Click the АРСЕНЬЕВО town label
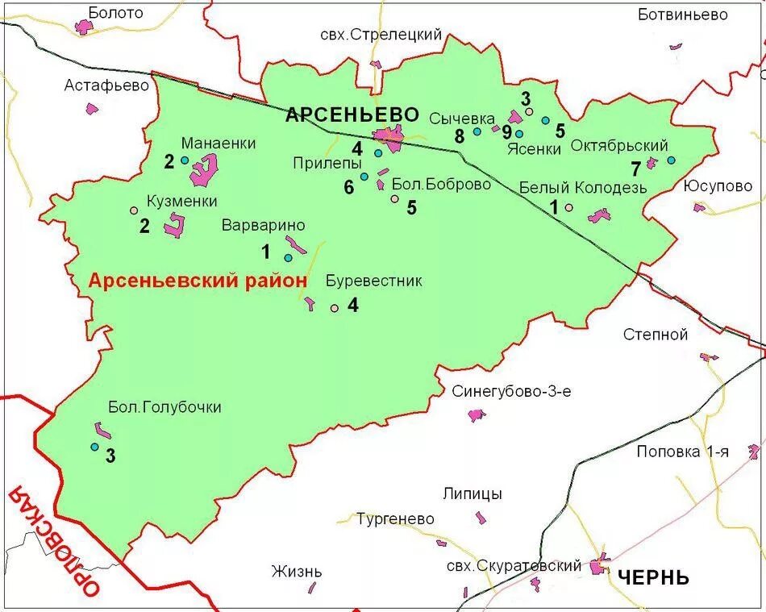tap(352, 115)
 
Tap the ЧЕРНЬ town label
tap(654, 577)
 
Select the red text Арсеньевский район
tap(198, 281)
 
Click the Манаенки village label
tap(218, 144)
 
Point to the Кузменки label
tap(181, 202)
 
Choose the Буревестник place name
tap(373, 281)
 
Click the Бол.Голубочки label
tap(164, 407)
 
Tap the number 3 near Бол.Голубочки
tap(110, 456)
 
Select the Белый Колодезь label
tap(582, 188)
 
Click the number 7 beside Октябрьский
tap(635, 169)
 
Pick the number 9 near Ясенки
tap(506, 132)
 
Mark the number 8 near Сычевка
tap(460, 136)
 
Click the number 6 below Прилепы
tap(348, 187)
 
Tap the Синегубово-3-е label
tap(511, 392)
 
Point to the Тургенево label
tap(395, 519)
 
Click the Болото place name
tap(115, 13)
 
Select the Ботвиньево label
tap(682, 15)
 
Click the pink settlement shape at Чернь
tap(599, 565)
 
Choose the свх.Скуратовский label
tap(513, 566)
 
